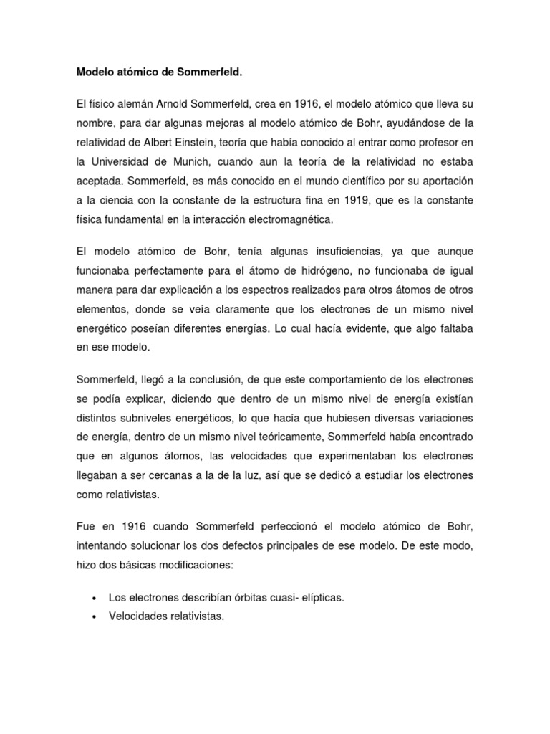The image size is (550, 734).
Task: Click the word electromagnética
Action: click(292, 220)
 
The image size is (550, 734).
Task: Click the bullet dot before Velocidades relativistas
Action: click(95, 616)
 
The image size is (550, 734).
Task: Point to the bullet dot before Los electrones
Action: click(95, 597)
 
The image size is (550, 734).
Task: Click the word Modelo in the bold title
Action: click(95, 72)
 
